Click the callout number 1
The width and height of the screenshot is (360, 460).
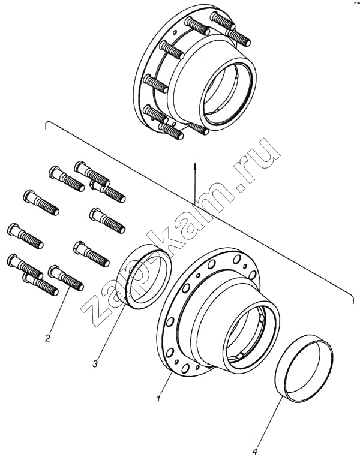[159, 399]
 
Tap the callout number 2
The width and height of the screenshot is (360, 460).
[47, 338]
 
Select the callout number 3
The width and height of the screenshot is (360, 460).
[95, 364]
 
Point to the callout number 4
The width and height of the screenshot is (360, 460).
[254, 451]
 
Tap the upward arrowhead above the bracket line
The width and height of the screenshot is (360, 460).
[194, 164]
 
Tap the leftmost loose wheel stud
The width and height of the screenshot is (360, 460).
[25, 234]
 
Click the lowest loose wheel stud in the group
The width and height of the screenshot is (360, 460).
[40, 285]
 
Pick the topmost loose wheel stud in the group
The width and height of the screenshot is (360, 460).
[92, 174]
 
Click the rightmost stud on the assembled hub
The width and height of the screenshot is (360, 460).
[238, 37]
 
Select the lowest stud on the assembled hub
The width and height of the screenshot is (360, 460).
[171, 131]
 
